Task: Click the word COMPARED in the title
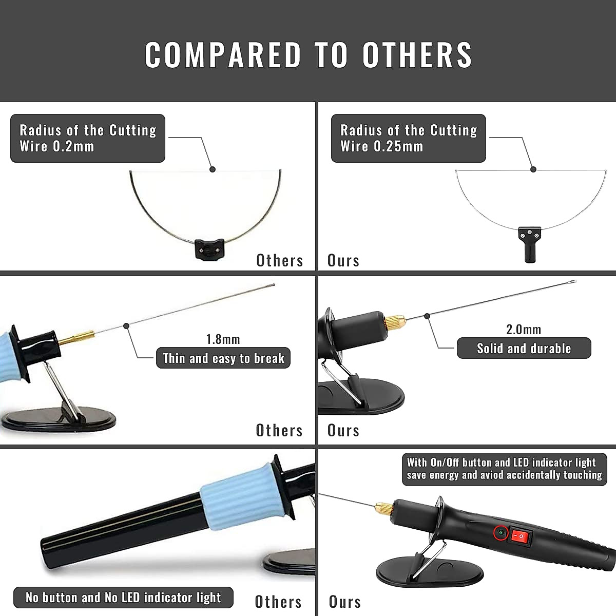point(223,54)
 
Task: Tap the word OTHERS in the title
point(417,54)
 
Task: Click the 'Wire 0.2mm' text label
point(57,146)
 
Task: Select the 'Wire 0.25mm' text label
point(382,146)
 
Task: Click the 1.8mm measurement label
point(223,339)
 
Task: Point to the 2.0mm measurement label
point(523,330)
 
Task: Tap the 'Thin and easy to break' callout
point(223,358)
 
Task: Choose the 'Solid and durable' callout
point(524,349)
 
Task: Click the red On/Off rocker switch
point(520,537)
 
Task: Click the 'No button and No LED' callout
point(123,598)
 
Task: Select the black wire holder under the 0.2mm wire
point(209,249)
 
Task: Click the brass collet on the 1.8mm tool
point(77,337)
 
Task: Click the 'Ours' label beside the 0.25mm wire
point(343,261)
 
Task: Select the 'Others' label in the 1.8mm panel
point(279,430)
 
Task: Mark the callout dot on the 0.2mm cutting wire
point(213,169)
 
